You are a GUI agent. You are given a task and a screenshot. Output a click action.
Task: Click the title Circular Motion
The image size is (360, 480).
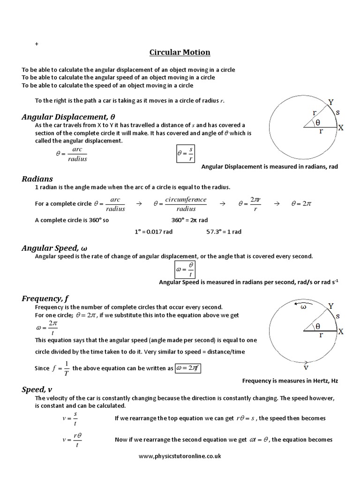180,52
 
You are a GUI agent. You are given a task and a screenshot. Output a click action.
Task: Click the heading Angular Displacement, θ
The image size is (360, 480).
68,117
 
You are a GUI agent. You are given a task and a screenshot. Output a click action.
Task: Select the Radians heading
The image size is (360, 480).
37,179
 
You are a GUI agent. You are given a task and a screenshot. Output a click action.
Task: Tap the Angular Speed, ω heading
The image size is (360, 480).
55,248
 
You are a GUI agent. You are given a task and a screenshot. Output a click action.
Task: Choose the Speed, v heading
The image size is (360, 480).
37,390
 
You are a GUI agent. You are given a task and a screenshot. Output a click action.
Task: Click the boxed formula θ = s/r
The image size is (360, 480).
185,153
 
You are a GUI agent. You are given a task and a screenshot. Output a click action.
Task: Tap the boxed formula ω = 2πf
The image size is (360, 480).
190,368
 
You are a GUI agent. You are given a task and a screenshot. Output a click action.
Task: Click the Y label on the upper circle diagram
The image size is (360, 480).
331,102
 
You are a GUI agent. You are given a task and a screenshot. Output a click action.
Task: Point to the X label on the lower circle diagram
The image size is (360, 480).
341,331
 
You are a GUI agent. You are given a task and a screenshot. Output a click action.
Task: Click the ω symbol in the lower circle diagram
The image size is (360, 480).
303,307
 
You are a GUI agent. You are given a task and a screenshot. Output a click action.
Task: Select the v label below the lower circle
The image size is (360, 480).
306,367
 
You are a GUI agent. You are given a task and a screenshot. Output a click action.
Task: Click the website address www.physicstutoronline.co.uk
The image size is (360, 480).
180,455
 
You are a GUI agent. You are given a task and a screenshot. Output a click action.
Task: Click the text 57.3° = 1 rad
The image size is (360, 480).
224,232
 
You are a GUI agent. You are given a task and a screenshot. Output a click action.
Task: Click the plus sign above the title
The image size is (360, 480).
37,44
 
